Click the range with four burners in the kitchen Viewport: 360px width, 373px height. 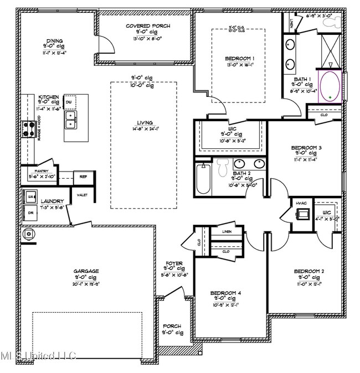point(29,129)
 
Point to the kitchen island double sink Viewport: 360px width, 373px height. point(70,120)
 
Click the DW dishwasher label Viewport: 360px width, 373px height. point(69,102)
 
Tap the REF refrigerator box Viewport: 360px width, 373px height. point(84,177)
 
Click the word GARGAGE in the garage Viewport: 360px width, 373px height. point(86,271)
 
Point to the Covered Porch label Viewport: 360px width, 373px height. point(148,25)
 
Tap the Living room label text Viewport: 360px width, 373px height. point(145,123)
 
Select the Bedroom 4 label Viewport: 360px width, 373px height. point(225,293)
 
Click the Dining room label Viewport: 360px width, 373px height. point(54,41)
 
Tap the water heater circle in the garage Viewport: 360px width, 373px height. point(29,235)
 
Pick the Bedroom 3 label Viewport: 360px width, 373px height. point(306,148)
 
